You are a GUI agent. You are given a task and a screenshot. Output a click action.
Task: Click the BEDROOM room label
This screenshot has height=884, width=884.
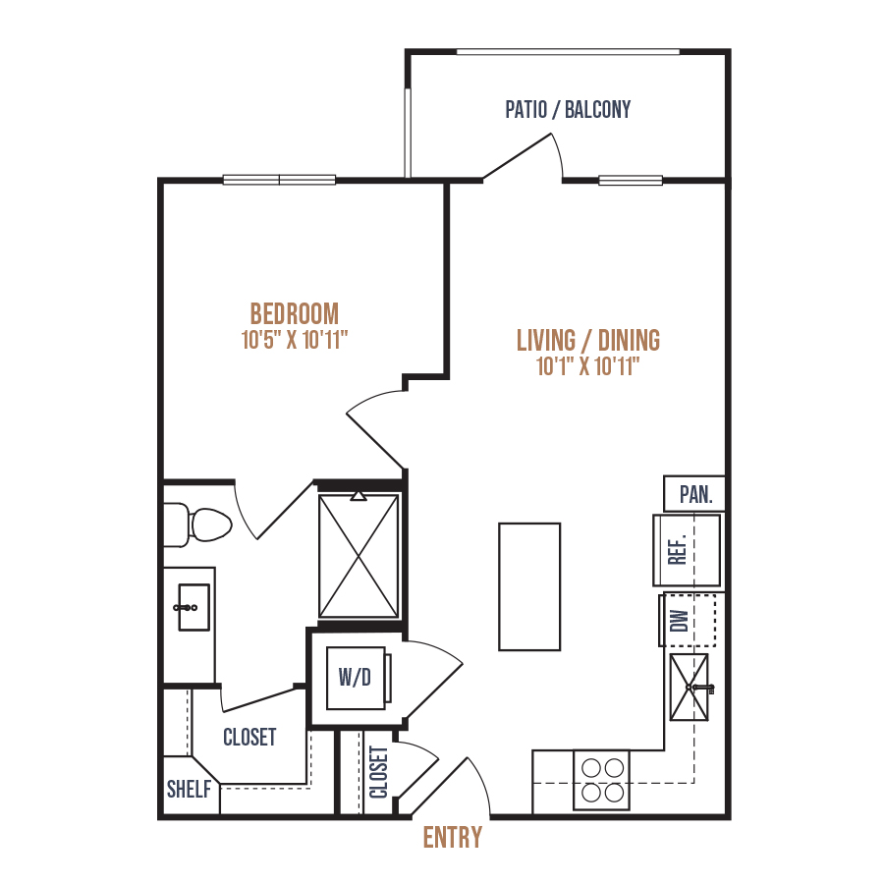[295, 314]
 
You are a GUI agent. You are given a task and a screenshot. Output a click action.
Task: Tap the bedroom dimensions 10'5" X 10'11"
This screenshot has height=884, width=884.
[295, 340]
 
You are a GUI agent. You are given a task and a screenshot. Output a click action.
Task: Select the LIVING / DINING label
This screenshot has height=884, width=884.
[588, 341]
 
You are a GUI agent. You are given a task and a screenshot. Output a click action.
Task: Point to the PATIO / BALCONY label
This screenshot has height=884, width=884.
[568, 109]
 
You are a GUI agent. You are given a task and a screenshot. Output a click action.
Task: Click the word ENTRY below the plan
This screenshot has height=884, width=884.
[453, 837]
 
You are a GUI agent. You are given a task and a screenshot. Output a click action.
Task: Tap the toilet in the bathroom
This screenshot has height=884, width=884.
[197, 525]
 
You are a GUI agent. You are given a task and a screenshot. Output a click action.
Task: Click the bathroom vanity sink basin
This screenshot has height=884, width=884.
[193, 607]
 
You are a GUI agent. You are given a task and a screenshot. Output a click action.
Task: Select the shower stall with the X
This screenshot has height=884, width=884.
[359, 556]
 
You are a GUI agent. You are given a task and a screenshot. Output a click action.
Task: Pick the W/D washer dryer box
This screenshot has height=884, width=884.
[357, 678]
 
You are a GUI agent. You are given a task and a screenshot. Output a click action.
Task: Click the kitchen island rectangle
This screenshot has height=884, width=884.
[529, 587]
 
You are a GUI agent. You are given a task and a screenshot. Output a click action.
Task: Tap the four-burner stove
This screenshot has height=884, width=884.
[601, 780]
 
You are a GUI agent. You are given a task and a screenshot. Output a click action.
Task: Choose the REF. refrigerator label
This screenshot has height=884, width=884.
[678, 549]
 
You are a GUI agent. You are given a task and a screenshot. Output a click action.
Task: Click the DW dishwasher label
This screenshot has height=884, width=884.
[680, 620]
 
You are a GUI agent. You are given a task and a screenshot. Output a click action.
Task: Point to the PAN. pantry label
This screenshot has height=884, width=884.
[695, 494]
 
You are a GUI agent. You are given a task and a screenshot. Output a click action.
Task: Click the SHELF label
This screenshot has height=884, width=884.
[189, 790]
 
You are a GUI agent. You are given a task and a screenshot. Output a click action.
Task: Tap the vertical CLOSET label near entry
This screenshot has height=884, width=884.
[379, 772]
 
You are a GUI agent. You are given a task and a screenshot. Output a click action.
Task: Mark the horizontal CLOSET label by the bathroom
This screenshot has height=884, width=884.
[249, 737]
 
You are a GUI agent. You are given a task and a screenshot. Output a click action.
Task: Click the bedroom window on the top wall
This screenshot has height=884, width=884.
[279, 180]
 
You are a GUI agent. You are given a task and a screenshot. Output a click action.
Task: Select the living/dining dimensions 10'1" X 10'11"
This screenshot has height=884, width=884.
[588, 366]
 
